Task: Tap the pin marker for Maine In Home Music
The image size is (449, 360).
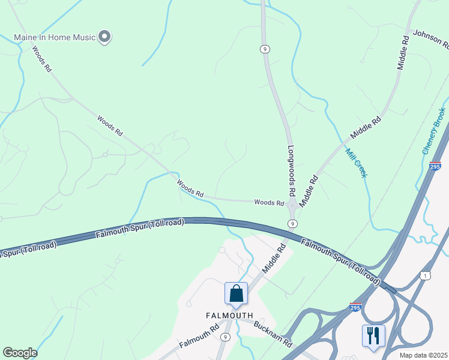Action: pos(105,37)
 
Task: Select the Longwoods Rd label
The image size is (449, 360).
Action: pos(292,171)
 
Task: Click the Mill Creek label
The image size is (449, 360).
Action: pos(356,163)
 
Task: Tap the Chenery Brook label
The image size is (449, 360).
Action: pos(433,131)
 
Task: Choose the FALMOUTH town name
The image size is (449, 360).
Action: pos(229,315)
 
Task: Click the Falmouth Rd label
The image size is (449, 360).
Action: pos(199,337)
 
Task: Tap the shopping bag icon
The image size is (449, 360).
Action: pos(236,294)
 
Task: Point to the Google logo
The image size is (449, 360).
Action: pos(20,353)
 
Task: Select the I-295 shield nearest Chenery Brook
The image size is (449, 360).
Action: pos(436,165)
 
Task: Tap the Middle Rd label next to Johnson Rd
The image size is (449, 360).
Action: pos(403,53)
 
